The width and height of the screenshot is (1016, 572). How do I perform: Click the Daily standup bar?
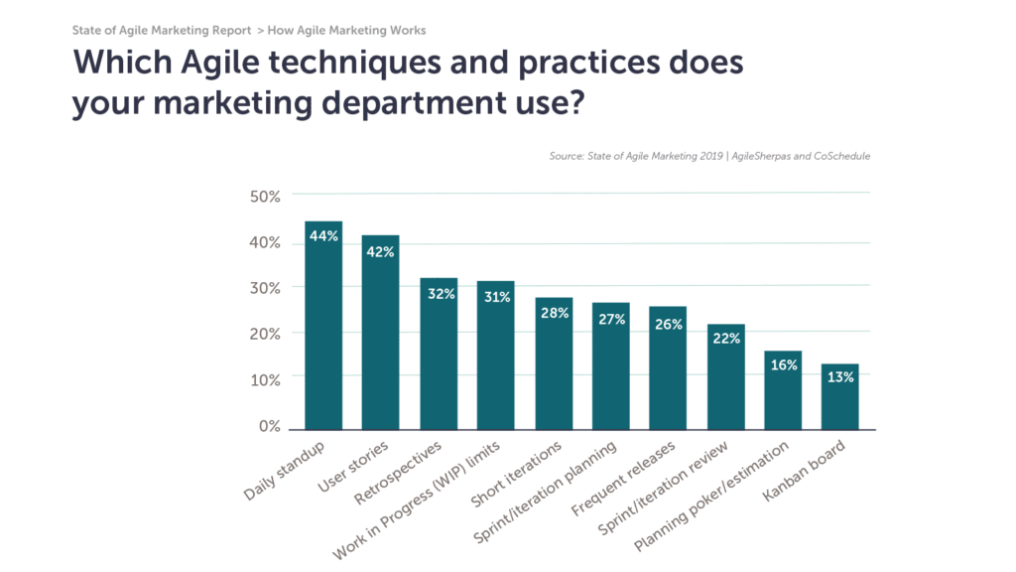point(323,328)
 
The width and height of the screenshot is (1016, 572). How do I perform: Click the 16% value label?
point(784,364)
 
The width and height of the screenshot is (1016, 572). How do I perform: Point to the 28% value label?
point(554,312)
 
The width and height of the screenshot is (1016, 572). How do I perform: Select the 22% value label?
point(725,339)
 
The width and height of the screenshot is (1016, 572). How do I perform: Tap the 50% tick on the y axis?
point(265,196)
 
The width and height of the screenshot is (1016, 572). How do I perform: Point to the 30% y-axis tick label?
point(265,287)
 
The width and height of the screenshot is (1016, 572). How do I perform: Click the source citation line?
point(708,156)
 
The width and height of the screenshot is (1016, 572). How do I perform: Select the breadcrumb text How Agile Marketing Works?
point(347,31)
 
